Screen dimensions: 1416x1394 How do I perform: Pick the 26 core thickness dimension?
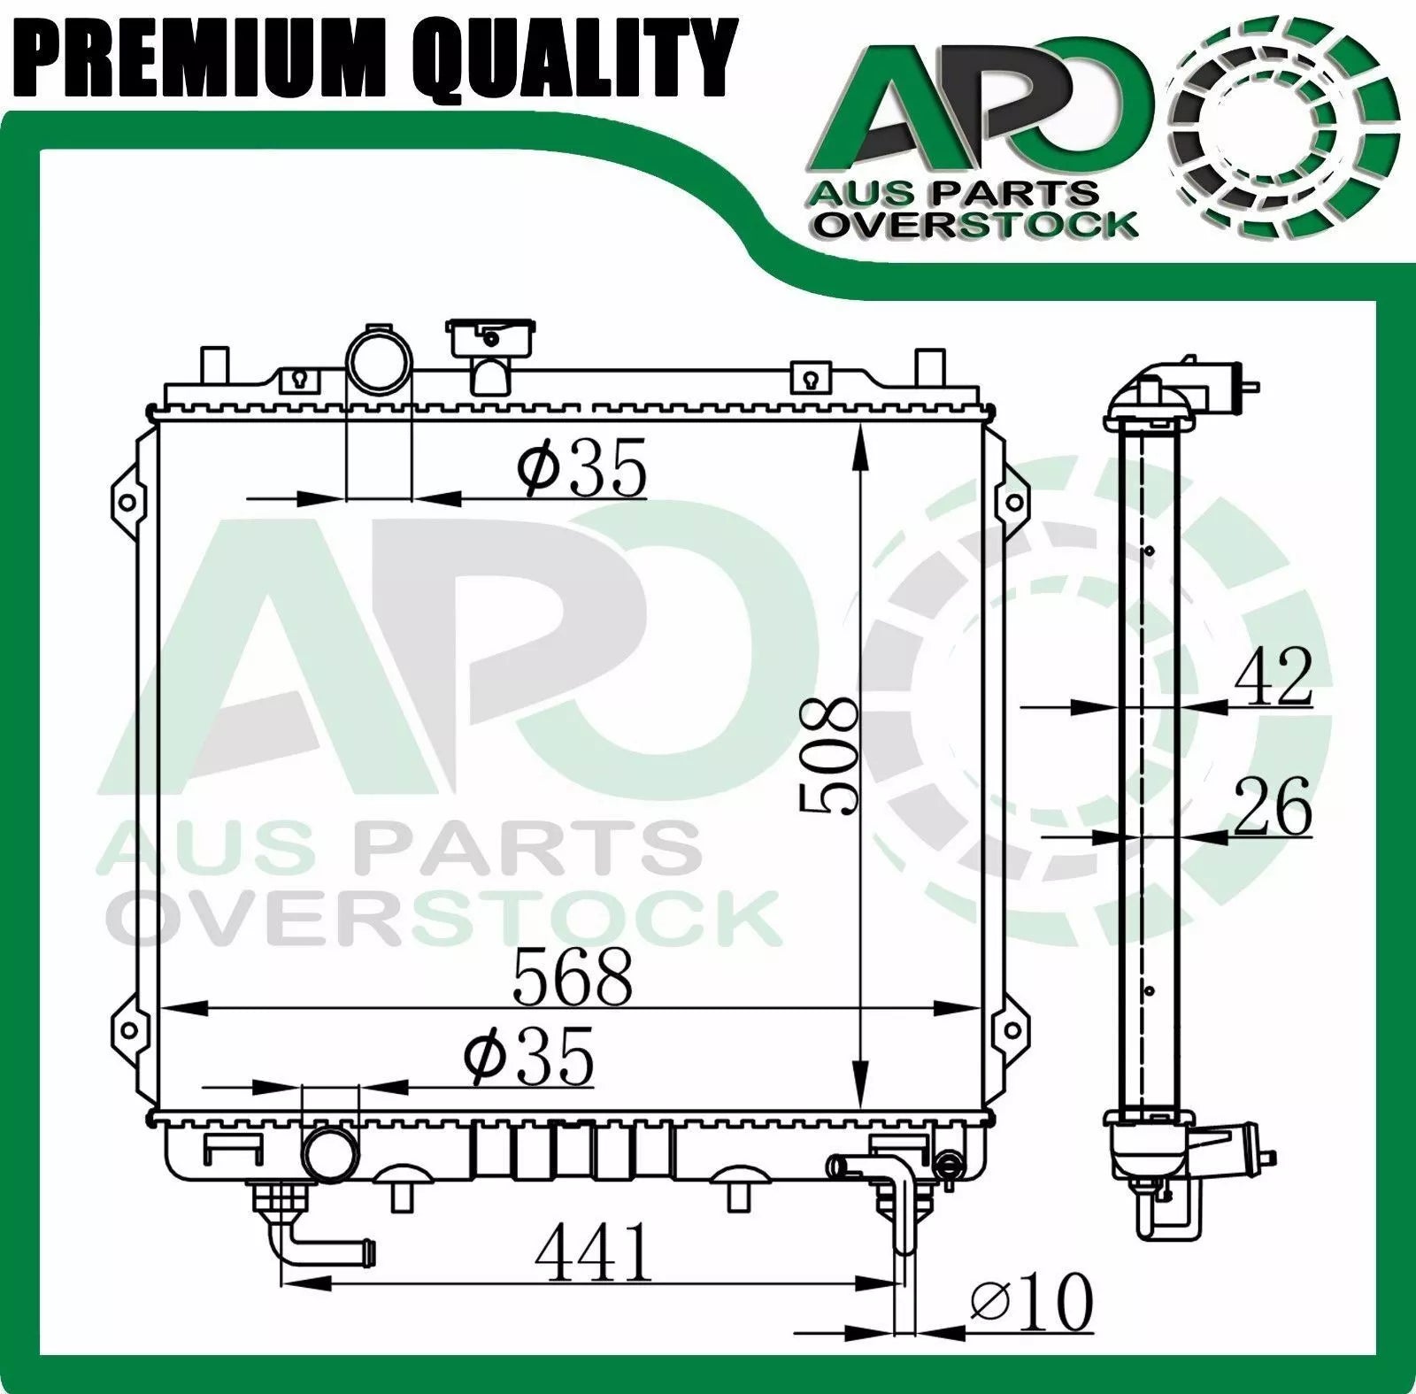1273,805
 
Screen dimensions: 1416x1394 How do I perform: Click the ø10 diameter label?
1032,1301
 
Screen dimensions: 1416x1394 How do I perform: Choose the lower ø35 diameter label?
528,1055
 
